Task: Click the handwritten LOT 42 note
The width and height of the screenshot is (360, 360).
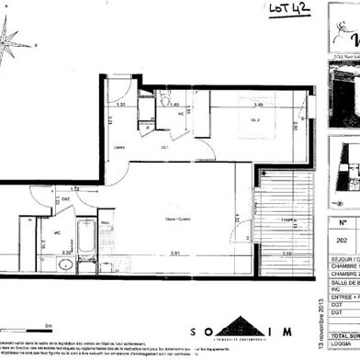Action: tap(288, 11)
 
